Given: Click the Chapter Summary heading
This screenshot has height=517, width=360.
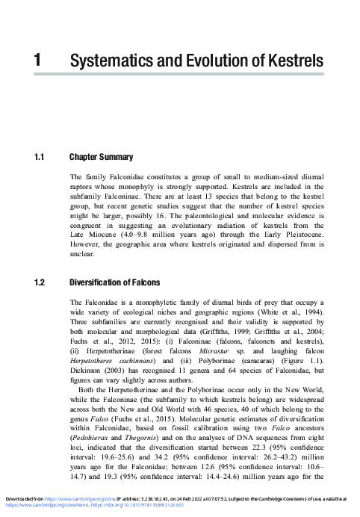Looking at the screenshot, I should (x=101, y=158).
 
